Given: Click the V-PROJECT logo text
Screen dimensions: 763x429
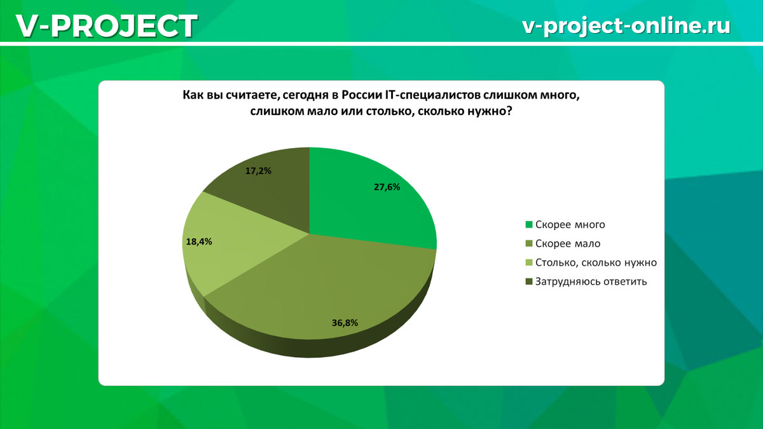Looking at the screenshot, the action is tap(106, 26).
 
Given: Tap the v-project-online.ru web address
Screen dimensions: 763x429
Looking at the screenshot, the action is tap(626, 25).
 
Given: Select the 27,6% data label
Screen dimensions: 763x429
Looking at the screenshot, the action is tap(387, 187).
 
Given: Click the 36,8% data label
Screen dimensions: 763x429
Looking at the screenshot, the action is tap(345, 323).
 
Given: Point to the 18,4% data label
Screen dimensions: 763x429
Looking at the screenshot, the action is tap(199, 242).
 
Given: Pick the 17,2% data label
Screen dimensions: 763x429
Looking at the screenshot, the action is tap(258, 171).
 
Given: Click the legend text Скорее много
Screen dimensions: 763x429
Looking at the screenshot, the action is tap(570, 224).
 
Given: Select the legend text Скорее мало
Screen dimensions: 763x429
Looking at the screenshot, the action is tap(568, 243).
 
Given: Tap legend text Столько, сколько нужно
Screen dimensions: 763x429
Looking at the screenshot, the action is tap(596, 262).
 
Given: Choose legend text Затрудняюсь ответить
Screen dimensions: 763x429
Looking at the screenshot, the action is tap(591, 282).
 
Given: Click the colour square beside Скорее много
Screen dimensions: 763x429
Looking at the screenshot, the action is tap(528, 224).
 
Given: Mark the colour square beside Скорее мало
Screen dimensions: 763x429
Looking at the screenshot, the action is tap(528, 243).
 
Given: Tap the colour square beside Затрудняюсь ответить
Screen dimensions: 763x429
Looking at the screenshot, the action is tap(528, 282).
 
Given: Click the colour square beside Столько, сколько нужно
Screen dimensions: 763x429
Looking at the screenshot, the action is tap(528, 262).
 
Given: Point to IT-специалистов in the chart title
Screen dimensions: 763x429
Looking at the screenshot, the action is tap(432, 95).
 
